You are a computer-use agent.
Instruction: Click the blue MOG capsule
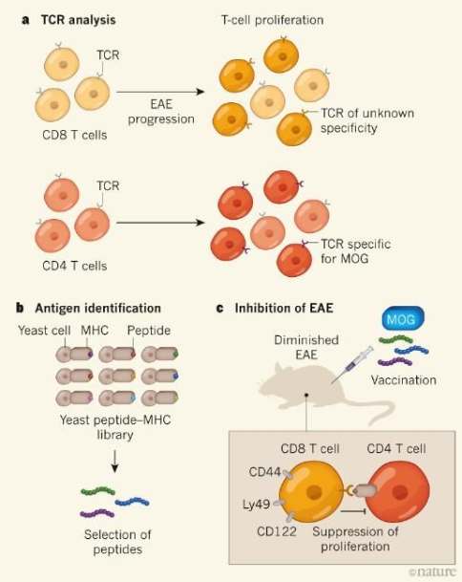point(403,318)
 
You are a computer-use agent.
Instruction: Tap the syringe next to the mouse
point(352,364)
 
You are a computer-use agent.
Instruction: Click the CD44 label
point(264,472)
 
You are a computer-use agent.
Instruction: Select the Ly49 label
point(256,505)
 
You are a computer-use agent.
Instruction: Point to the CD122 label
point(277,531)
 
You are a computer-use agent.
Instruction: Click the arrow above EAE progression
point(160,92)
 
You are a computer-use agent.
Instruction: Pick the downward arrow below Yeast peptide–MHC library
point(115,462)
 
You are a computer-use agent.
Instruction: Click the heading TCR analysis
point(78,20)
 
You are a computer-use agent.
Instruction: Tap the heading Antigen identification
point(98,308)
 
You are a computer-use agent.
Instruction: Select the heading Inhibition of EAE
point(284,308)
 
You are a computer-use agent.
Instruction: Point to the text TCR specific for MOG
point(356,251)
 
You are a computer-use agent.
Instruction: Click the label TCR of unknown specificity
point(367,120)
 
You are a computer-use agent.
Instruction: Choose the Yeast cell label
point(44,330)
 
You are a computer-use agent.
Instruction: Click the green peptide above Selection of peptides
point(98,491)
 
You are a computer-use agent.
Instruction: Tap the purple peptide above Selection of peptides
point(97,514)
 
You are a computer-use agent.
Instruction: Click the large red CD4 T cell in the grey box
point(397,492)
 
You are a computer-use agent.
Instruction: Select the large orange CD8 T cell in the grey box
point(311,492)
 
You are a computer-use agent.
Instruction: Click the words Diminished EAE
point(306,347)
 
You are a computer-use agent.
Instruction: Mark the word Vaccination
point(404,380)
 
